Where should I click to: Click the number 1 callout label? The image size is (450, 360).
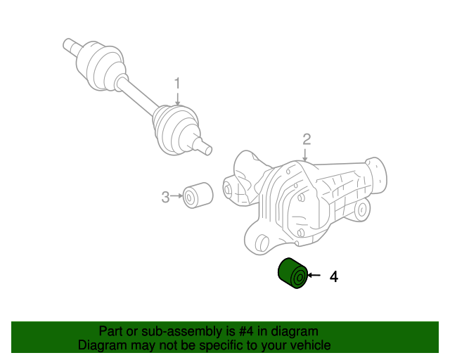[x=178, y=82]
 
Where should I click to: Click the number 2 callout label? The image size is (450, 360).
[x=307, y=138]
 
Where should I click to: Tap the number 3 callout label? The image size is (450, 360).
[x=165, y=197]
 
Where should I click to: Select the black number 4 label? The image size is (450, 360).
[x=334, y=277]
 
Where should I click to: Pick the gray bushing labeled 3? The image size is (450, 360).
[x=198, y=195]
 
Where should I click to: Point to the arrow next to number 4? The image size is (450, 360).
[x=314, y=276]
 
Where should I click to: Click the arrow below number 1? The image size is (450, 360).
[x=178, y=98]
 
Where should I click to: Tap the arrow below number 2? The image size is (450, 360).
[x=307, y=154]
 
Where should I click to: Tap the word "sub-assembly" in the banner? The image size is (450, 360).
[x=162, y=331]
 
